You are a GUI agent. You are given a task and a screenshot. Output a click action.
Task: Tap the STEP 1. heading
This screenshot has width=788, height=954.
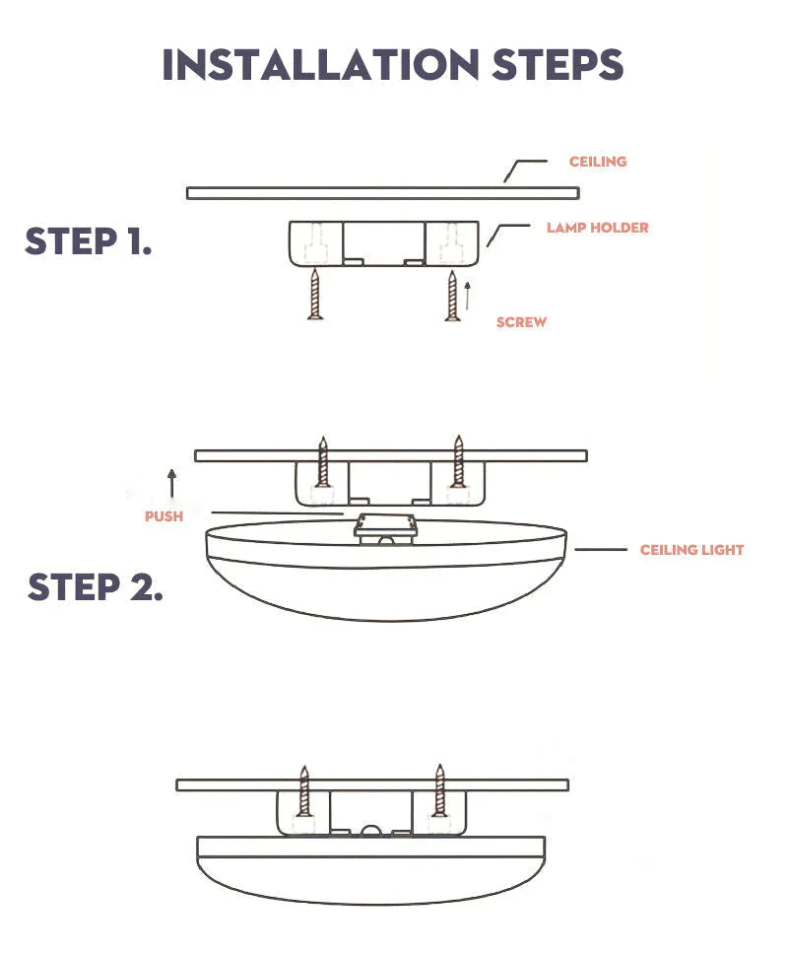coord(89,241)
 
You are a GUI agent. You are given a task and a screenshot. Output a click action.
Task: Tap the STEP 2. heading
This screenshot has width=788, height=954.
coord(95,587)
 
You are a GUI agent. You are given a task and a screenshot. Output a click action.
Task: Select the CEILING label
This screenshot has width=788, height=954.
coord(598,162)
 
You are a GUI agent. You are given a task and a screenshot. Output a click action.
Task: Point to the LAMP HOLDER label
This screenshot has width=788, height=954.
coord(598,228)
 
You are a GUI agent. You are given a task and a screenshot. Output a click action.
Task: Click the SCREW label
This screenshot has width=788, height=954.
coord(521,322)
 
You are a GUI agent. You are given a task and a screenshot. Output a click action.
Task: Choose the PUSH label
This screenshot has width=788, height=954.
coord(164,516)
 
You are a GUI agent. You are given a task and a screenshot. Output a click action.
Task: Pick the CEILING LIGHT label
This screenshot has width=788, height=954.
coord(691,550)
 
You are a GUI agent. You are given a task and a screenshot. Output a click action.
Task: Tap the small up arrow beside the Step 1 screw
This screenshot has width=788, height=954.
coord(468,295)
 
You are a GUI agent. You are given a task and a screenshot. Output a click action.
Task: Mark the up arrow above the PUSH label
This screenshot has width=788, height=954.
coord(171,483)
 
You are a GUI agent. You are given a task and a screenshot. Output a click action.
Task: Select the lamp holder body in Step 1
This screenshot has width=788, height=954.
coord(383,242)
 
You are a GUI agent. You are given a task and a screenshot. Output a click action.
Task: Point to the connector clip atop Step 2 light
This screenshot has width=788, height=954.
coord(386,528)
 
